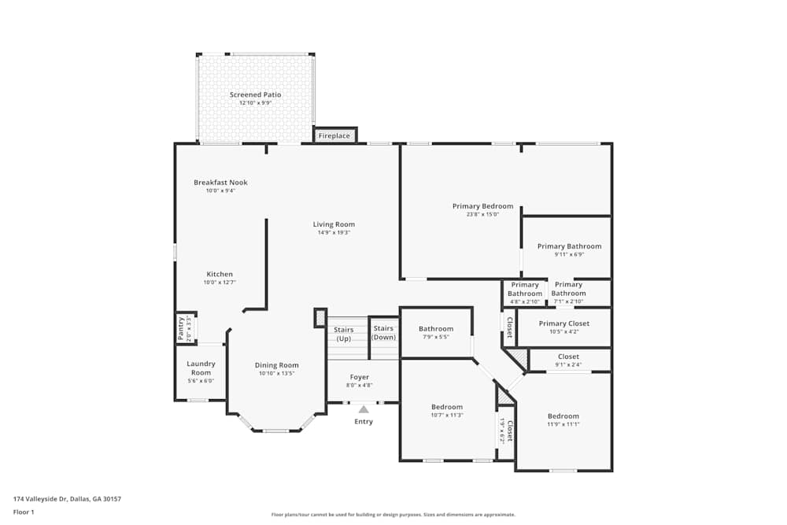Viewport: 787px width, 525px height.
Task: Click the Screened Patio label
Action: click(255, 94)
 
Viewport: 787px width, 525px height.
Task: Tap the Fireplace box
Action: click(334, 136)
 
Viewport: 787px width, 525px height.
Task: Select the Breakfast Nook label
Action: click(220, 183)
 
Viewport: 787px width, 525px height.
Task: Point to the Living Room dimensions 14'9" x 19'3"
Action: click(334, 233)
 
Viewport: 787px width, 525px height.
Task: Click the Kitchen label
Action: click(220, 274)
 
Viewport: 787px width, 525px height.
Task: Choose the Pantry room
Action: click(183, 328)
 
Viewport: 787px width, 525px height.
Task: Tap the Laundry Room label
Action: click(201, 368)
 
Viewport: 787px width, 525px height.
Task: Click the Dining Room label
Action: click(276, 365)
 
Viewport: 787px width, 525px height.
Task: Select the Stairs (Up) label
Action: click(344, 334)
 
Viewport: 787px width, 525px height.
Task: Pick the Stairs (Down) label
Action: click(383, 332)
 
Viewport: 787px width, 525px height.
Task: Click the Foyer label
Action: click(360, 378)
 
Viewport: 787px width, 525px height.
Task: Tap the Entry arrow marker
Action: click(364, 409)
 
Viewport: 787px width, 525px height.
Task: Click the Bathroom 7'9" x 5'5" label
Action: click(435, 329)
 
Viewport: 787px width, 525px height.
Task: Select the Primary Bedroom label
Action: click(482, 206)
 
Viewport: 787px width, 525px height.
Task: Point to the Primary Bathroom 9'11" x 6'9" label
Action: click(569, 246)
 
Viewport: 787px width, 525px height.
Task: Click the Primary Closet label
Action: click(563, 323)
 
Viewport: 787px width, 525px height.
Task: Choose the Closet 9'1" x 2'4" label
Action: click(568, 357)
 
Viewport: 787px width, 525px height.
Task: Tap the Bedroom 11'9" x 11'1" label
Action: click(563, 416)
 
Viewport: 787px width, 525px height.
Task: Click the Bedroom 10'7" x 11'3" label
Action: click(447, 407)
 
